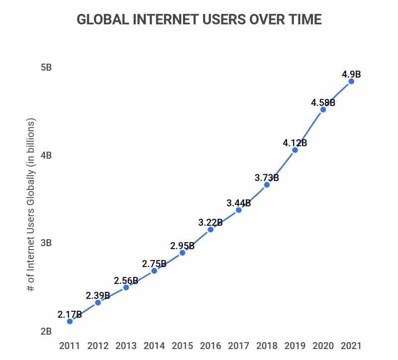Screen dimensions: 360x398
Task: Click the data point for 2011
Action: [70, 321]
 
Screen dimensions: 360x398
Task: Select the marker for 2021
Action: [351, 81]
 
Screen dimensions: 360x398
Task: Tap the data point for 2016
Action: [210, 229]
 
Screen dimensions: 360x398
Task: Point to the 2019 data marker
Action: [295, 150]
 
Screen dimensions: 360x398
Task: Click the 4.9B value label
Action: [351, 75]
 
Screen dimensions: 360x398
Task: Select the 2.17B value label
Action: [70, 314]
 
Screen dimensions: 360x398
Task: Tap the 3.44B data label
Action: [239, 203]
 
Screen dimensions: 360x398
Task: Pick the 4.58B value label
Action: [323, 103]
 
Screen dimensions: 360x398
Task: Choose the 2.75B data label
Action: [154, 264]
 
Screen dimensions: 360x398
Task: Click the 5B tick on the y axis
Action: [46, 67]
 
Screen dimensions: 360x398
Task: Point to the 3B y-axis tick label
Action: [46, 243]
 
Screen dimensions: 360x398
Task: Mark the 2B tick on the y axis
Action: [46, 331]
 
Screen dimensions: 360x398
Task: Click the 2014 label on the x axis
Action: [154, 346]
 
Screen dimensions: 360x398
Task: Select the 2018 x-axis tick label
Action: [267, 346]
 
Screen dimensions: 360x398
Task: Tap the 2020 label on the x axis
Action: [323, 346]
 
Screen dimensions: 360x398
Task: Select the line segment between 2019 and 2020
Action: [309, 130]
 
